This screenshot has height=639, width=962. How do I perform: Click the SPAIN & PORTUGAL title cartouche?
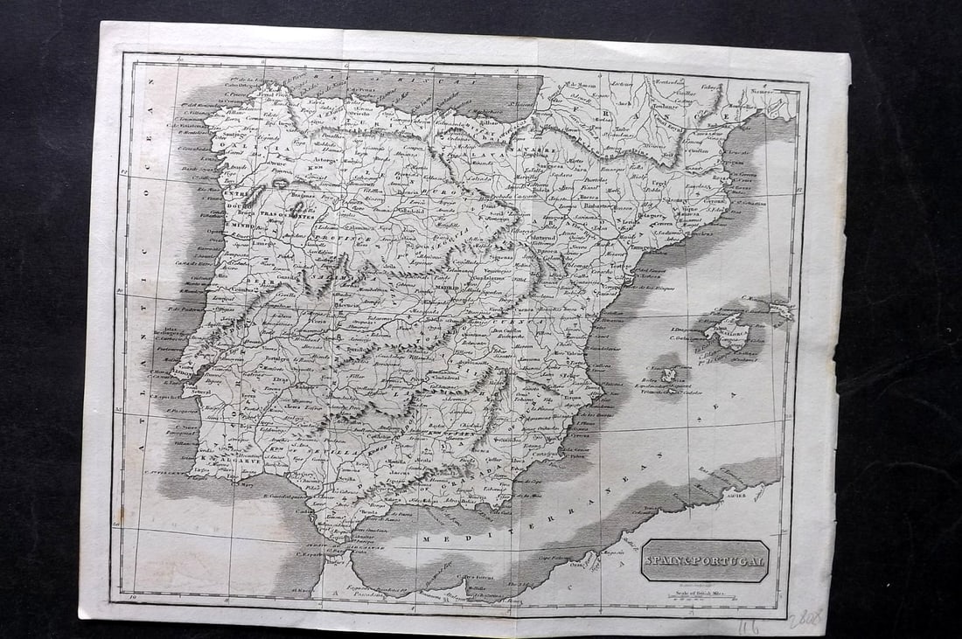[705, 560]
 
